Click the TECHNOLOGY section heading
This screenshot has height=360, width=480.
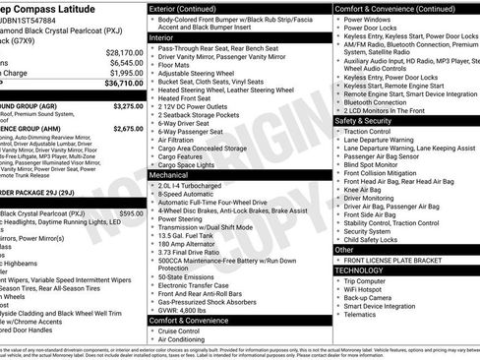click(359, 269)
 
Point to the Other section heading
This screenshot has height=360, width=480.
click(344, 250)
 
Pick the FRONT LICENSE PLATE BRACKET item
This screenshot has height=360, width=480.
click(392, 259)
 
